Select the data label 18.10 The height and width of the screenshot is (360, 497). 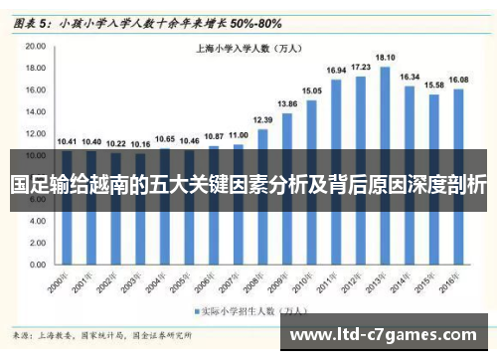(x=385, y=58)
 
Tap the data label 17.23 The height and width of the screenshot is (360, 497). (x=361, y=67)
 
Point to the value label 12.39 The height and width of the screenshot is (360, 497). (x=262, y=119)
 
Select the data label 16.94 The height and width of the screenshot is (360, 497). (x=336, y=71)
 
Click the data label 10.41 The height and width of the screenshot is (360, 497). (x=67, y=141)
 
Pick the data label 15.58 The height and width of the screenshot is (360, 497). (x=434, y=85)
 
